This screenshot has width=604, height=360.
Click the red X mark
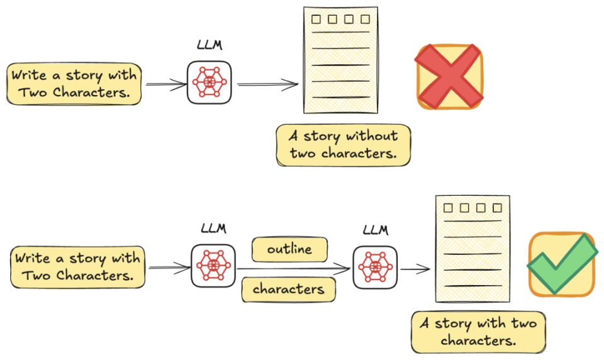pyautogui.click(x=449, y=77)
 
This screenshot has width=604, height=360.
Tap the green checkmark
pyautogui.click(x=562, y=264)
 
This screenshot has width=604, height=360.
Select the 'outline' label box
pyautogui.click(x=289, y=249)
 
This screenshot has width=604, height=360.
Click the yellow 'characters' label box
pyautogui.click(x=289, y=289)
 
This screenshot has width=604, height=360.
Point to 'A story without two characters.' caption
pyautogui.click(x=344, y=145)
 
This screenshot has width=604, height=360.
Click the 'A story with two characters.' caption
pyautogui.click(x=478, y=332)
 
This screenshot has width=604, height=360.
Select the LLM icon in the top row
pyautogui.click(x=209, y=82)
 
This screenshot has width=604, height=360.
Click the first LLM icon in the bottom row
pyautogui.click(x=213, y=266)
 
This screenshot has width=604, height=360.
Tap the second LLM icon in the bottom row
pyautogui.click(x=375, y=267)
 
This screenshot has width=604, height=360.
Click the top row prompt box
pyautogui.click(x=74, y=84)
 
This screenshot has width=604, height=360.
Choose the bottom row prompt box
pyautogui.click(x=77, y=267)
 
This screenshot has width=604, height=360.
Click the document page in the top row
pyautogui.click(x=340, y=60)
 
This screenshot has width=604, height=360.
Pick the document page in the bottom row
pyautogui.click(x=473, y=249)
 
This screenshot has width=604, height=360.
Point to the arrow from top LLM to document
pyautogui.click(x=268, y=84)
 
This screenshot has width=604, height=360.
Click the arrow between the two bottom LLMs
pyautogui.click(x=294, y=269)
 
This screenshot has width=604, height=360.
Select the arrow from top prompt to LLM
pyautogui.click(x=166, y=84)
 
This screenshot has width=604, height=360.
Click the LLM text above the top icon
pyautogui.click(x=210, y=45)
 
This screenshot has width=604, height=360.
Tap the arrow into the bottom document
pyautogui.click(x=415, y=269)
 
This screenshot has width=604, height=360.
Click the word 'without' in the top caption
pyautogui.click(x=372, y=136)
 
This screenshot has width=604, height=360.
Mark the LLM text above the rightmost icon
pyautogui.click(x=376, y=230)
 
